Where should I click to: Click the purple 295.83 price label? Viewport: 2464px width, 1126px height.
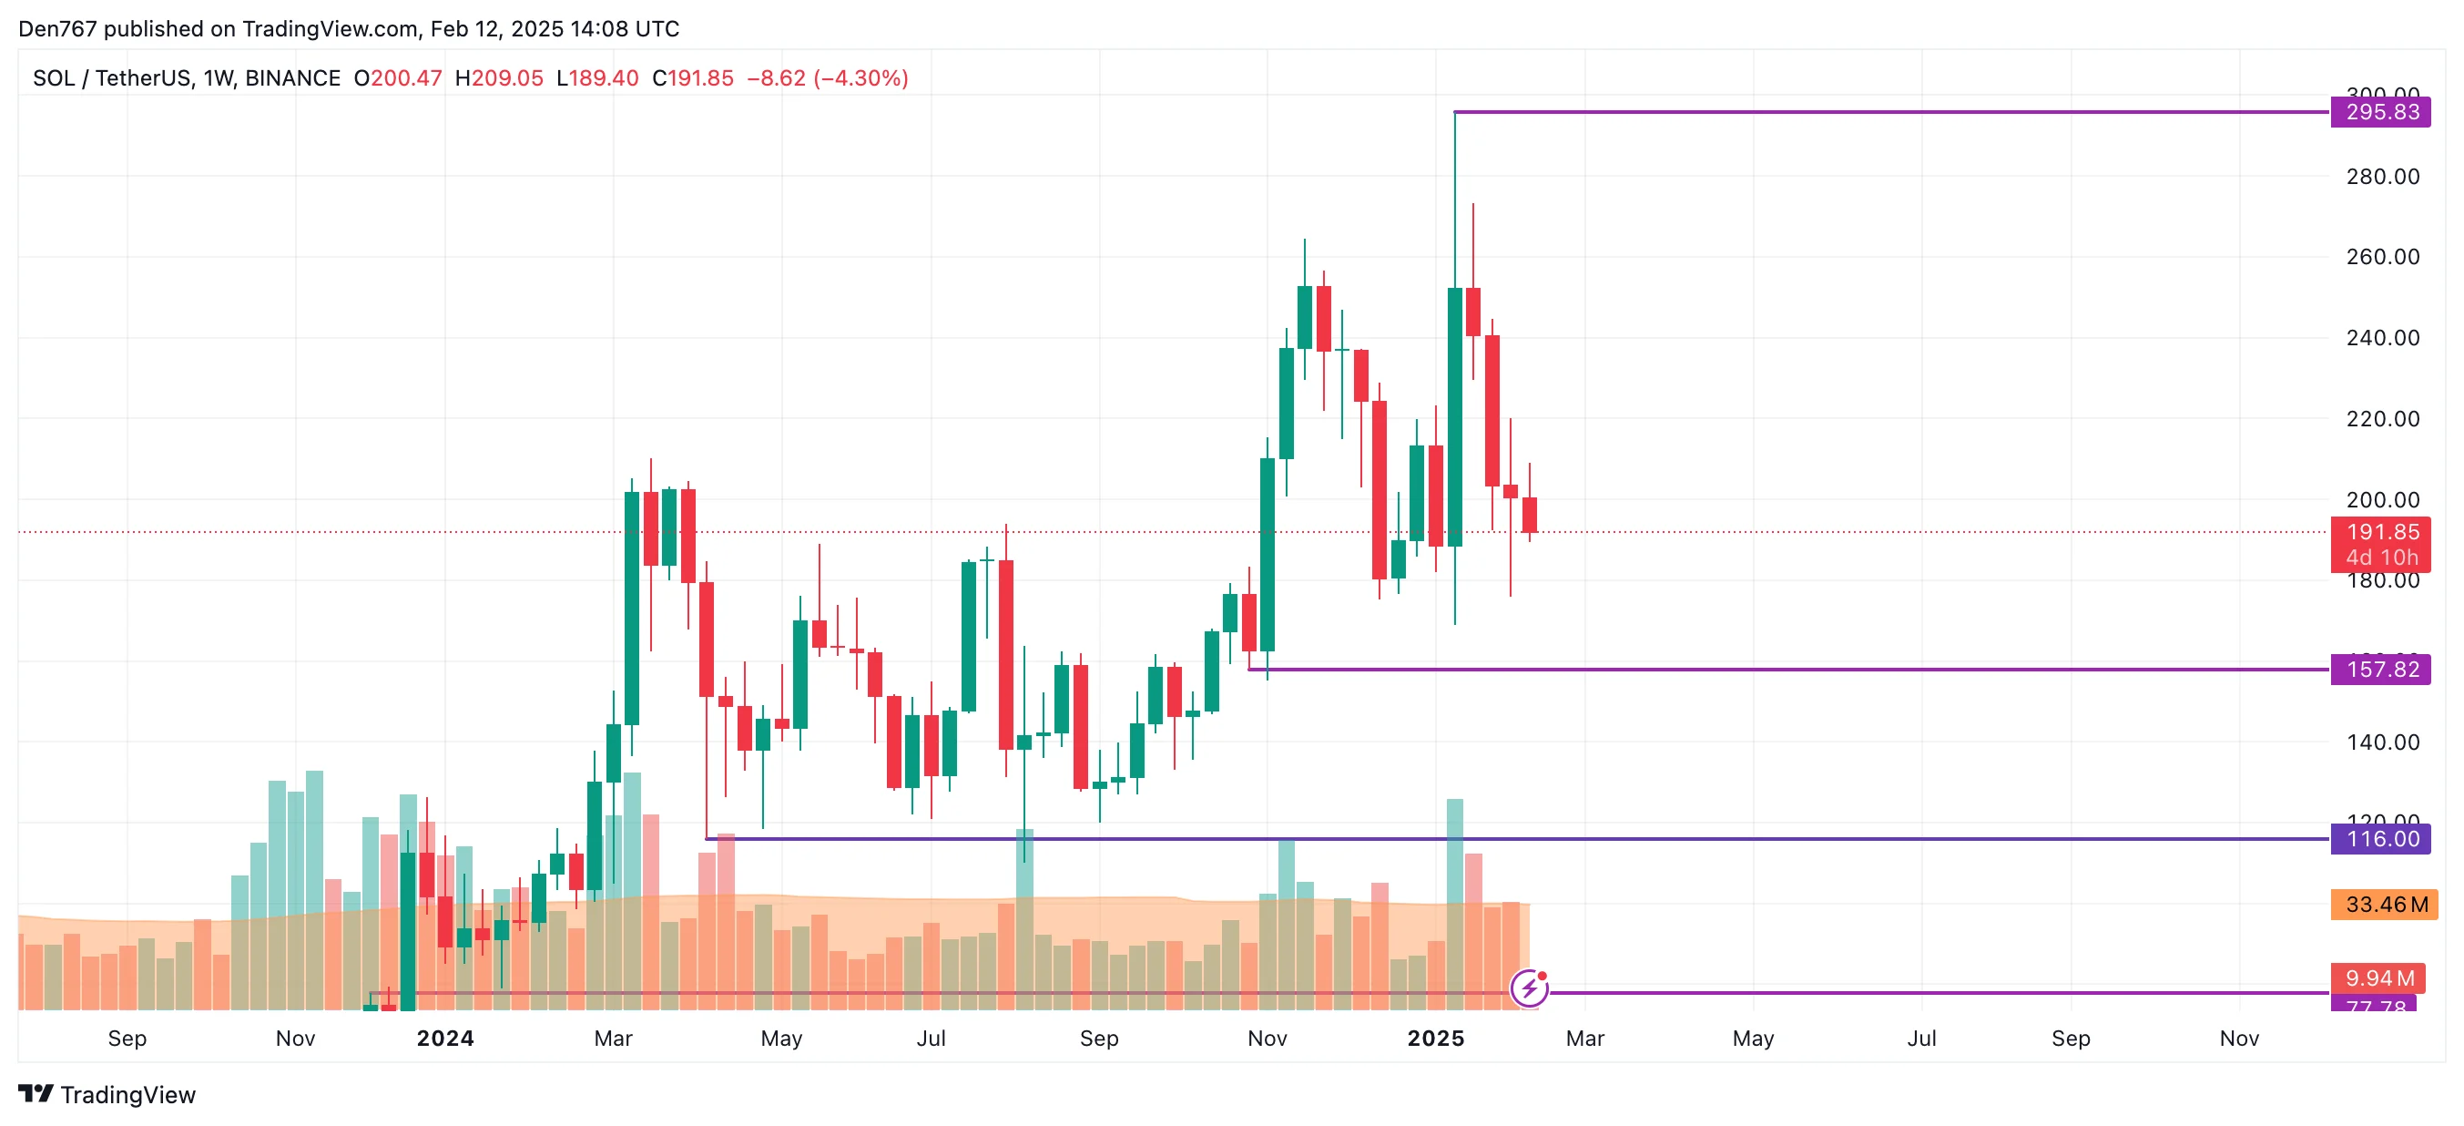[x=2381, y=112]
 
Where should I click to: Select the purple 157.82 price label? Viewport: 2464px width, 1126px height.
[x=2381, y=669]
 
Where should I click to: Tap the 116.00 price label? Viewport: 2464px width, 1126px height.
[x=2381, y=839]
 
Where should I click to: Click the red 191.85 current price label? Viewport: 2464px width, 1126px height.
[x=2381, y=533]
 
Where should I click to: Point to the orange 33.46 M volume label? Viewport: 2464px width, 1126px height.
[x=2385, y=904]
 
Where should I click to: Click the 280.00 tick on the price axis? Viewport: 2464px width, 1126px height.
[x=2382, y=176]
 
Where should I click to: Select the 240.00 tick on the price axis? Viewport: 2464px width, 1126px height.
[x=2382, y=338]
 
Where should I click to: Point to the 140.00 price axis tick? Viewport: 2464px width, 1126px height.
[x=2382, y=742]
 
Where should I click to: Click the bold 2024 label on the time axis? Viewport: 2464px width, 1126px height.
[x=444, y=1038]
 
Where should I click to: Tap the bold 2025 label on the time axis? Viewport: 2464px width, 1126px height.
[x=1435, y=1038]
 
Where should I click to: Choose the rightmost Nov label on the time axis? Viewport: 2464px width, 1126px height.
[x=2238, y=1038]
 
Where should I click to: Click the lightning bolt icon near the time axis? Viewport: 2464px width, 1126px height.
[x=1529, y=988]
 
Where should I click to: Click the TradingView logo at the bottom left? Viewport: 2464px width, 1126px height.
[x=107, y=1094]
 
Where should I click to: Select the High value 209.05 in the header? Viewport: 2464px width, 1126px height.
[x=507, y=78]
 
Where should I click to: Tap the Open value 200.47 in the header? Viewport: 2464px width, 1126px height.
[x=405, y=78]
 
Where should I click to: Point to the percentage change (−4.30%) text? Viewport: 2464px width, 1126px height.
[x=860, y=78]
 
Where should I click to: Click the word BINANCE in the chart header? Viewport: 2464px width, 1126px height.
[x=292, y=78]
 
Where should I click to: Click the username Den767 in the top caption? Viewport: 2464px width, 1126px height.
[x=57, y=29]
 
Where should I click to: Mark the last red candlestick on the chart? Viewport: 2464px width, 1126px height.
[x=1530, y=515]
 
